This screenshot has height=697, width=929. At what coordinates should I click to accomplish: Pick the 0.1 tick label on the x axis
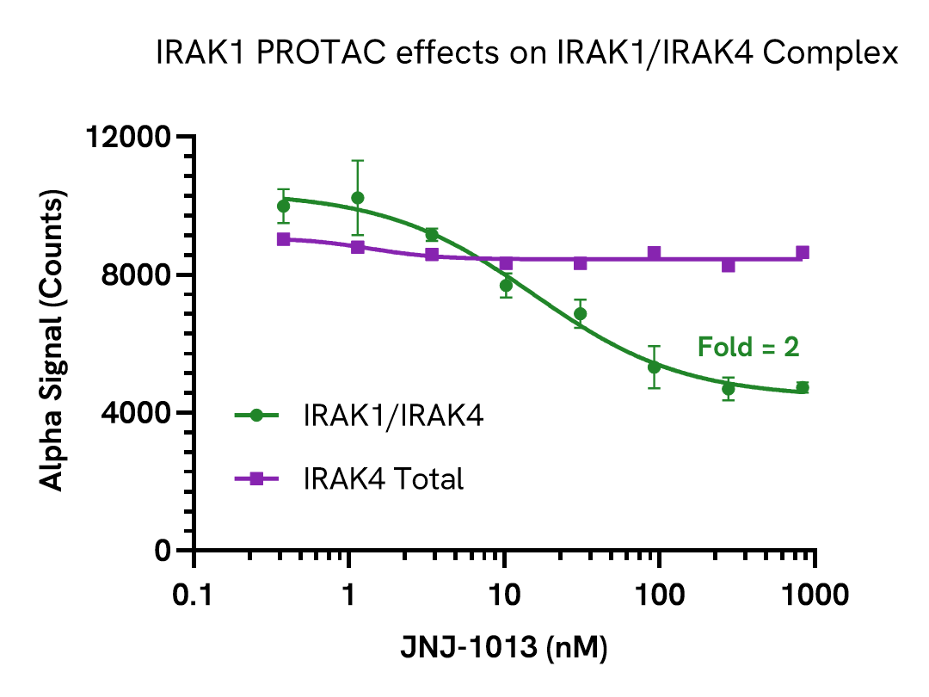point(194,595)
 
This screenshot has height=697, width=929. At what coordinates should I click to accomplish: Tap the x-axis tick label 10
point(505,595)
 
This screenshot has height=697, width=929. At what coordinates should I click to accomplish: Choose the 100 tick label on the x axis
point(660,595)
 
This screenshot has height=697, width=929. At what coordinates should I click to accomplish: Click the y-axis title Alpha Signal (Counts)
point(53,344)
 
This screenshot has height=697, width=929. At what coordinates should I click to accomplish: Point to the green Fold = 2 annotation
point(748,348)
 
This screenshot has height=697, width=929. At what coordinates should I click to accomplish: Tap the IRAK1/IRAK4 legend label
point(393,416)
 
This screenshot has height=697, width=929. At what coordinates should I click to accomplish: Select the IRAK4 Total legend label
point(383,478)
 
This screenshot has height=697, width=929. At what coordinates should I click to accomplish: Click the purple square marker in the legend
point(256,478)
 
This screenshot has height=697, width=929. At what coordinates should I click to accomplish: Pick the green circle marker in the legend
point(256,416)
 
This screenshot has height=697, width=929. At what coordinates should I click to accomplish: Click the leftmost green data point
point(284,207)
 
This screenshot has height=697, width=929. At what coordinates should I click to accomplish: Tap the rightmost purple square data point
point(803,253)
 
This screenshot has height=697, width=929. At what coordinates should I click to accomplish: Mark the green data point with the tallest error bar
point(358,198)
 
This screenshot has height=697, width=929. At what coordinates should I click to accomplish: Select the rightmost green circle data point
point(803,387)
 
